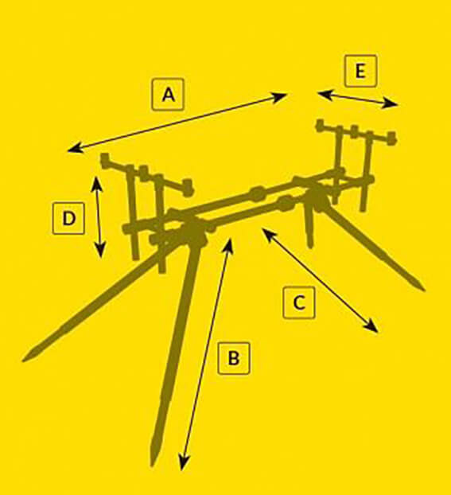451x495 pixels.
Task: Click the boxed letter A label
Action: [168, 94]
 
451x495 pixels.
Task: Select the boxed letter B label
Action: [234, 358]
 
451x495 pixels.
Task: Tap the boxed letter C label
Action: [299, 302]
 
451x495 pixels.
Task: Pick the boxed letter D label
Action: [68, 218]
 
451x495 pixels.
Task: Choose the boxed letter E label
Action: [361, 71]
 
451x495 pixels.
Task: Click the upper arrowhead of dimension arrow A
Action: [281, 95]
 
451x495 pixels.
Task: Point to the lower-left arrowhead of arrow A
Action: [75, 148]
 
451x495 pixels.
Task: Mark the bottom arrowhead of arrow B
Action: [184, 464]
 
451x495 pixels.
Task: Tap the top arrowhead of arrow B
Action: [229, 244]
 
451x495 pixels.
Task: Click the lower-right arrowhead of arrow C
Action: [373, 328]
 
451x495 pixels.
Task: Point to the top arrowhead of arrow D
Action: [96, 182]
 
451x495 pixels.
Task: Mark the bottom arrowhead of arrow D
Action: [100, 251]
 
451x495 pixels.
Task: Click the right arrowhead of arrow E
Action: [391, 104]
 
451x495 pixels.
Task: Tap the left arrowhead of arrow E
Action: [324, 94]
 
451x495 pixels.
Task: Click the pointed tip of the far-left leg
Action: [25, 359]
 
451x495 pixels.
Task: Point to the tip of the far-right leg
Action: [423, 289]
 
